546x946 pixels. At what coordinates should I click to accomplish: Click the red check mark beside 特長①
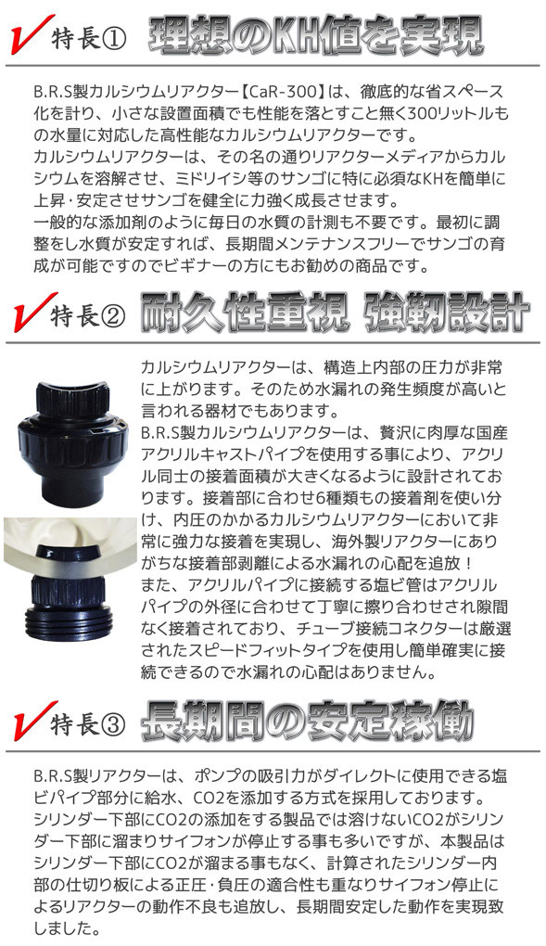tap(28, 39)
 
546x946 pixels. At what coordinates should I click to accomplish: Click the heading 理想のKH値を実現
tap(315, 37)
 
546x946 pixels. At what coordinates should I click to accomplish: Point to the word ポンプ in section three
tap(204, 774)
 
